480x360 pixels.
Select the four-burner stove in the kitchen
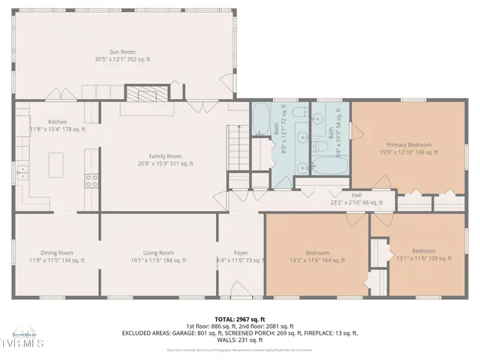pos(91,180)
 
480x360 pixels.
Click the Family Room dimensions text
pos(165,163)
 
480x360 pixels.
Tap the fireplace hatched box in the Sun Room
pos(139,94)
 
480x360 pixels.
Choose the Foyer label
pos(240,253)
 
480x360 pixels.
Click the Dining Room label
pos(56,253)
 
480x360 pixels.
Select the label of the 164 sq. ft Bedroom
pos(317,253)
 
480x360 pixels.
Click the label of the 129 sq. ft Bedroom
pos(423,251)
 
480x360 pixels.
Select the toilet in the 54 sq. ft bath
pos(319,118)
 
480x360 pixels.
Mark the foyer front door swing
pos(242,289)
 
